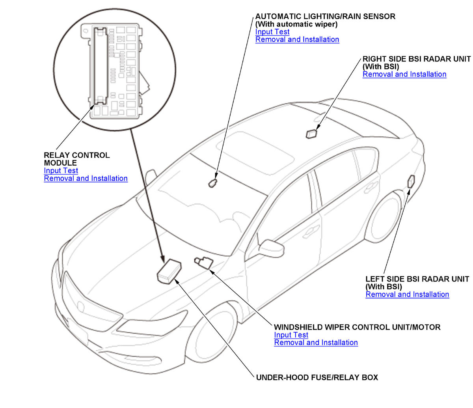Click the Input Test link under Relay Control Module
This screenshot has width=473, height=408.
click(61, 171)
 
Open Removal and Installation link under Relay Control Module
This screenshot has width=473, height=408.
click(86, 179)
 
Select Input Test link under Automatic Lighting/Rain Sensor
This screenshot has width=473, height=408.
click(272, 32)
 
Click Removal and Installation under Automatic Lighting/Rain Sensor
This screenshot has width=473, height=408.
click(297, 39)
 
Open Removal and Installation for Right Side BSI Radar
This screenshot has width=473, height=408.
click(404, 75)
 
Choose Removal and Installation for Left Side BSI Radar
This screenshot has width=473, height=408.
click(407, 294)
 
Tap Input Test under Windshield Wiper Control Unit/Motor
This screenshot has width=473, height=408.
click(291, 335)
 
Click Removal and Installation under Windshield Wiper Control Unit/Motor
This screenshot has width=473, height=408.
click(316, 343)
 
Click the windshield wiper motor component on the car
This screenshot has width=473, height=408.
click(203, 262)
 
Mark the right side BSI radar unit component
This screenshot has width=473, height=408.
click(312, 134)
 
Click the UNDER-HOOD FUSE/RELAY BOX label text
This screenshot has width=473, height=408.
click(317, 378)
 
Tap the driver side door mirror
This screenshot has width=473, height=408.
click(271, 248)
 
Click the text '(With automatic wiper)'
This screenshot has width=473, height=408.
click(296, 24)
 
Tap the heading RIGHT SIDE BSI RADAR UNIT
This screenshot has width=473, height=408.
click(416, 59)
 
